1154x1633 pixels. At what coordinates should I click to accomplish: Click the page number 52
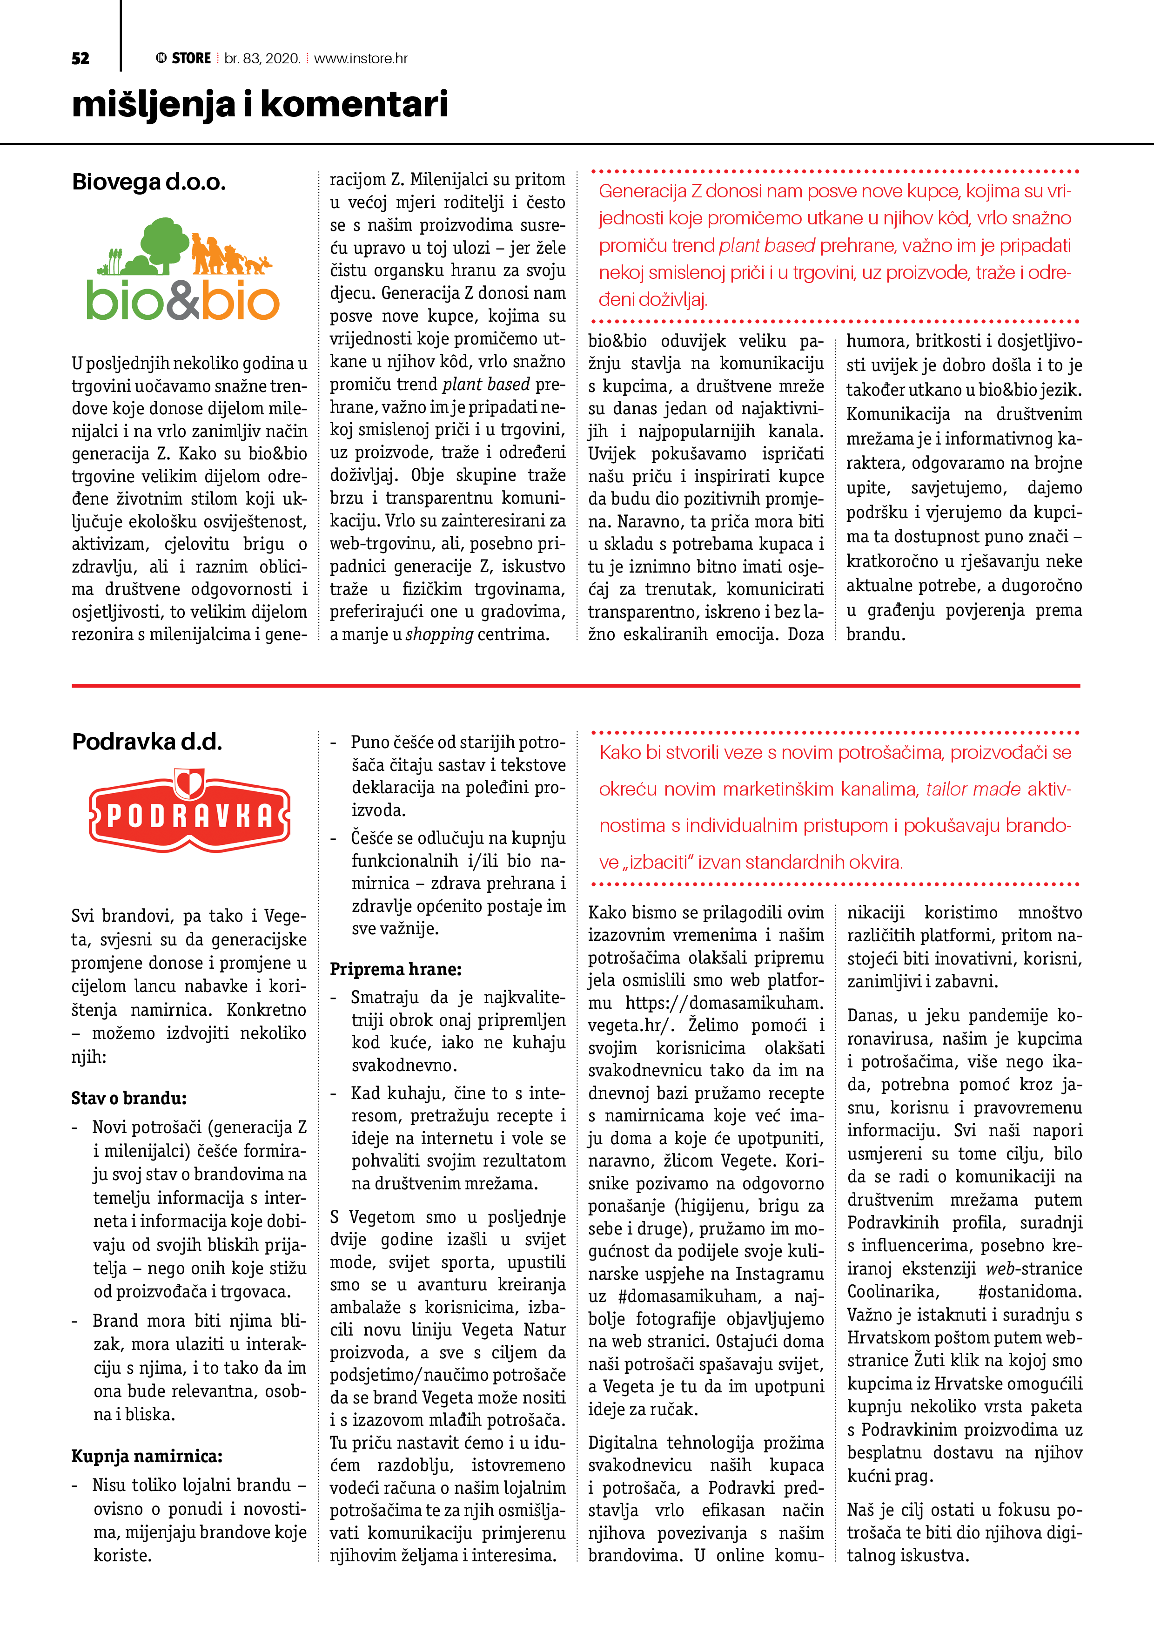click(x=81, y=58)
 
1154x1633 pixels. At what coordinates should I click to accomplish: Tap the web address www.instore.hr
click(x=361, y=58)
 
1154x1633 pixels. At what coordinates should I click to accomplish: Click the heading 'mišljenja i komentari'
click(x=260, y=105)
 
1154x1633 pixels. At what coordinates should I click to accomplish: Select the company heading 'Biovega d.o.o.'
click(x=148, y=182)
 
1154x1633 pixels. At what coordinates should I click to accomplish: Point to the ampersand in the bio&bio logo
click(x=183, y=302)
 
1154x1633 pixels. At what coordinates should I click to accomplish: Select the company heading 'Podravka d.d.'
click(x=147, y=742)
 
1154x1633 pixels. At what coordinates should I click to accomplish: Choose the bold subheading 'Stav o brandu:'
click(x=129, y=1098)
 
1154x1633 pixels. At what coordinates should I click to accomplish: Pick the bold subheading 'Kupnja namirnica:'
click(x=147, y=1456)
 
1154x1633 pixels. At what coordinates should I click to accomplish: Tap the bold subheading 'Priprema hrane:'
click(x=396, y=969)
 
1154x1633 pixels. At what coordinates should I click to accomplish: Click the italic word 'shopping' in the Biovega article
click(x=439, y=634)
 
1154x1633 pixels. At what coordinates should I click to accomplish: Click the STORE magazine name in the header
click(x=191, y=58)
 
